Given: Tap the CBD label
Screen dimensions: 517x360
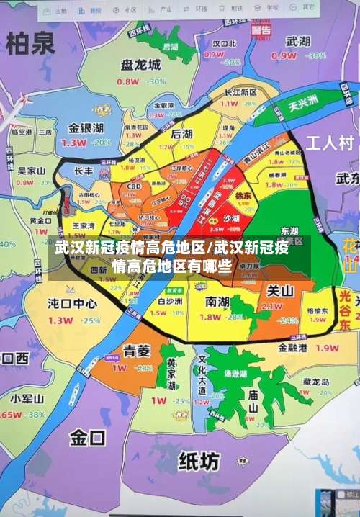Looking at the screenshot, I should pyautogui.click(x=134, y=187).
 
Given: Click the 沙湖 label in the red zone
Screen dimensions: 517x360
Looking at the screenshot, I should pyautogui.click(x=231, y=218).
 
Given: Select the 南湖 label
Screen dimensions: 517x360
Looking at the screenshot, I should pyautogui.click(x=217, y=301).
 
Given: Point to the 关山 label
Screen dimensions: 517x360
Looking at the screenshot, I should pyautogui.click(x=280, y=291).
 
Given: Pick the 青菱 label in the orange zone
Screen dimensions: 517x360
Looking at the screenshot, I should pyautogui.click(x=136, y=351).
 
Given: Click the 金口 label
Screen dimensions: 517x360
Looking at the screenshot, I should pyautogui.click(x=87, y=437).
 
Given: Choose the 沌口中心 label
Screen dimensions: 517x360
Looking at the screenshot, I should pyautogui.click(x=72, y=303).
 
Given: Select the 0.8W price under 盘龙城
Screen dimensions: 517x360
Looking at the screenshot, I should pyautogui.click(x=127, y=81).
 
